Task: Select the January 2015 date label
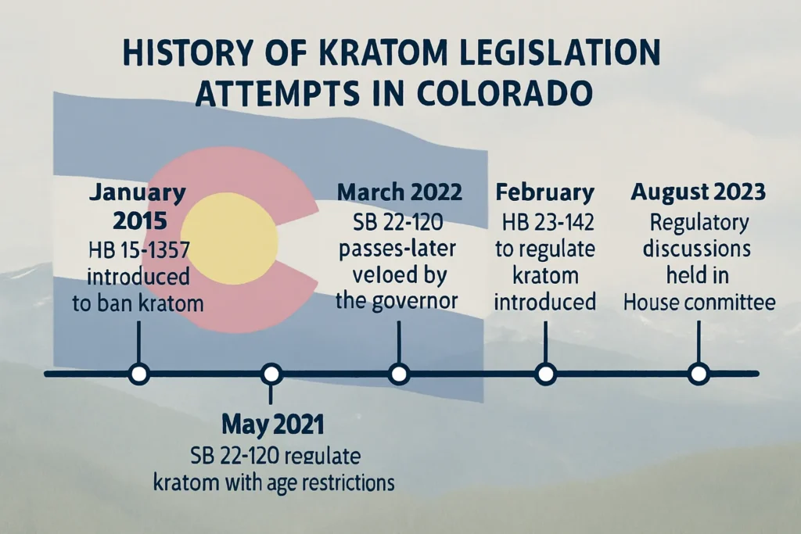point(139,206)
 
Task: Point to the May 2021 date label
point(272,425)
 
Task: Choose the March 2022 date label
point(400,192)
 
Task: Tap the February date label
point(544,192)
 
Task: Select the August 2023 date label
point(699,192)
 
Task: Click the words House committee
point(699,301)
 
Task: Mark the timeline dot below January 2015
point(139,374)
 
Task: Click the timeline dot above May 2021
point(272,374)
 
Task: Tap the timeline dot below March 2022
point(400,374)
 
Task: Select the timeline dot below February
point(544,374)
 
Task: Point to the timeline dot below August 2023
point(699,374)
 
